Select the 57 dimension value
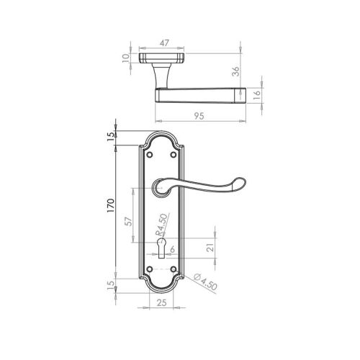129,220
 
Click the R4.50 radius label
163,224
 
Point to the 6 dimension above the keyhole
173,249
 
